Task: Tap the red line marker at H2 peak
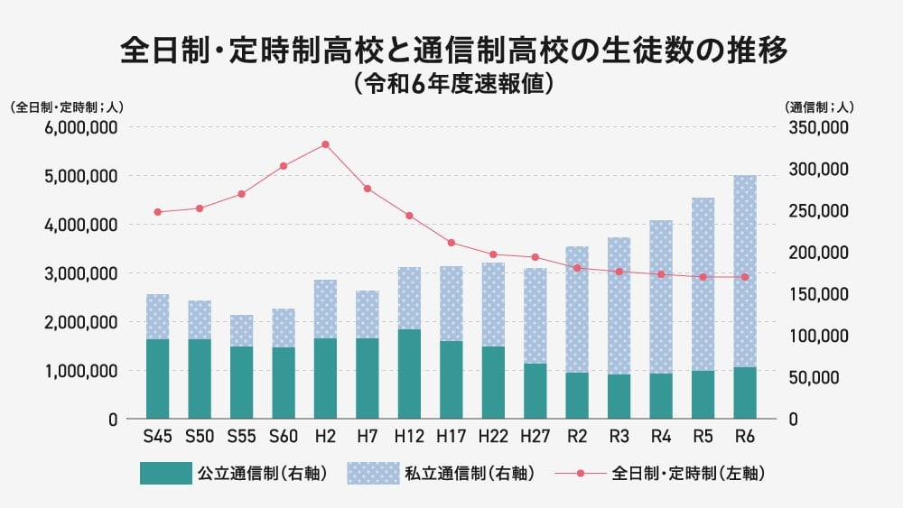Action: point(325,144)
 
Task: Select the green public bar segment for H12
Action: point(409,374)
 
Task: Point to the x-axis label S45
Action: point(157,436)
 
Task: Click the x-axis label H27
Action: point(535,436)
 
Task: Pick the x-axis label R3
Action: point(619,436)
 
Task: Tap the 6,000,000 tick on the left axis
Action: point(79,127)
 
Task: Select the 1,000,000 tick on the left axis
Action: point(79,370)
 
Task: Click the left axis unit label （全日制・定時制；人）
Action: point(67,106)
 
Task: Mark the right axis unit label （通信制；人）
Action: point(820,106)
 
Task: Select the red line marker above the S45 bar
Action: point(157,212)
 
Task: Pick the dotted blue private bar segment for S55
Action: point(241,330)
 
